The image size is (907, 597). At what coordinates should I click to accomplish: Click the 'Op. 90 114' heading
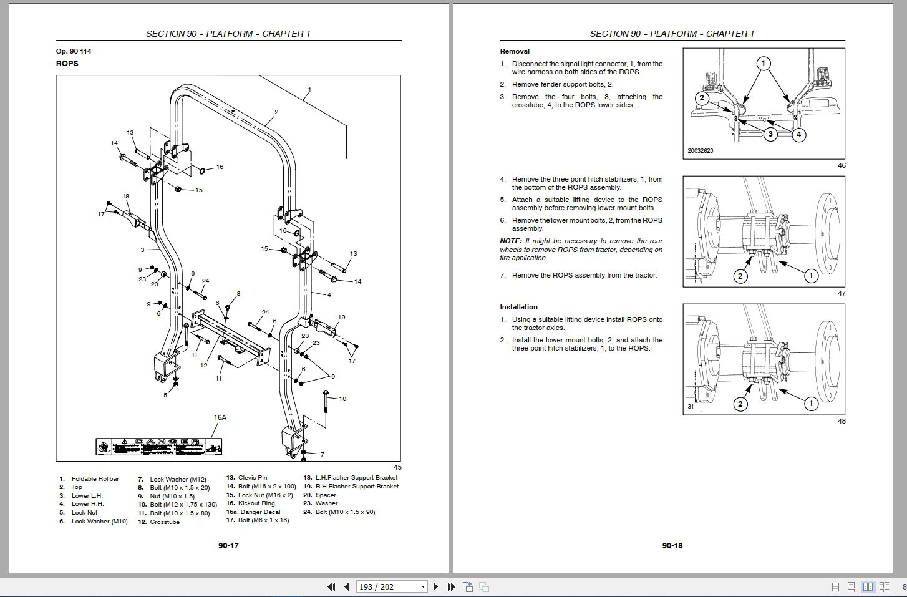pos(74,51)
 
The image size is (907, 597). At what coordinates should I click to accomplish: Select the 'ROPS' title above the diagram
pos(67,64)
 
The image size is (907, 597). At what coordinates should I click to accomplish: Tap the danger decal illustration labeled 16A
pos(159,446)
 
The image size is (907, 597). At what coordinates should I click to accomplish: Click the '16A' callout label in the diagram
pos(220,417)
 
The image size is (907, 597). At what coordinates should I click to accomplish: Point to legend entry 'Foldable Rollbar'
pos(95,478)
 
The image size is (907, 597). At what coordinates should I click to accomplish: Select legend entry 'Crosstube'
pos(165,522)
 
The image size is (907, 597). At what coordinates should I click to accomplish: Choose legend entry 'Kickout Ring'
pos(256,503)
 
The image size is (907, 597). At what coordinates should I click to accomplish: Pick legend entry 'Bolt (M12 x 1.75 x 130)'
pos(183,505)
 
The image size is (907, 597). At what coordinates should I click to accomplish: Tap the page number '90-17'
pos(228,546)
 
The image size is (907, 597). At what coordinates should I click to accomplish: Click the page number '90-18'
pos(672,546)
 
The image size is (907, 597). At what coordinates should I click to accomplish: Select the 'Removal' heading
pos(515,51)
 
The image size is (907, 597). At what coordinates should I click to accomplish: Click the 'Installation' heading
pos(518,307)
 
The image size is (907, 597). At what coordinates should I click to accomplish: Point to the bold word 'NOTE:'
pos(511,241)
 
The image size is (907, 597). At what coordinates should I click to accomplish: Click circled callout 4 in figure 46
pos(799,134)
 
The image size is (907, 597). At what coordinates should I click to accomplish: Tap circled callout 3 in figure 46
pos(770,134)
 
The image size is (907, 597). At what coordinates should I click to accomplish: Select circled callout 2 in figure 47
pos(740,276)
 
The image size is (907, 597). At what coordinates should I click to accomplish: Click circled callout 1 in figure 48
pos(811,404)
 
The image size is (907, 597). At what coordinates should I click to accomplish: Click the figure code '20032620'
pos(701,151)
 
